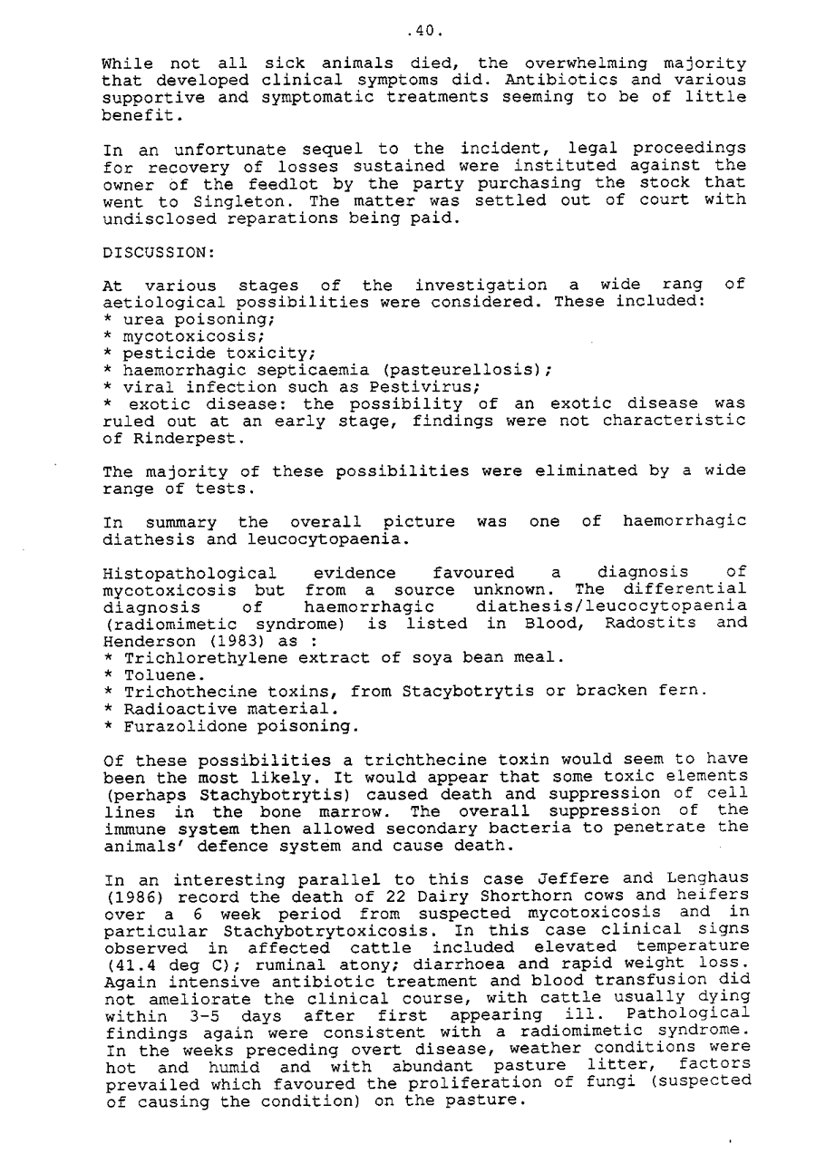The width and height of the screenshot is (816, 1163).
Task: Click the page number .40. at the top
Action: click(424, 30)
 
